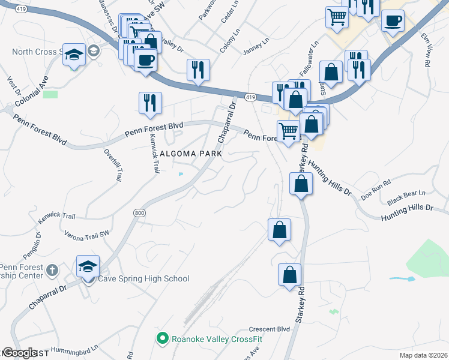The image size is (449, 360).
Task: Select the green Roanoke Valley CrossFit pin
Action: (161, 339)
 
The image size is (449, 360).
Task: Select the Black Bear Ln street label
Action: (406, 196)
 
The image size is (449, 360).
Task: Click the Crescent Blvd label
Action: (270, 329)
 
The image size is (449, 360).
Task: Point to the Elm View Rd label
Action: (426, 47)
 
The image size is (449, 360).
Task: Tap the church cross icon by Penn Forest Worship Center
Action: (52, 271)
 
